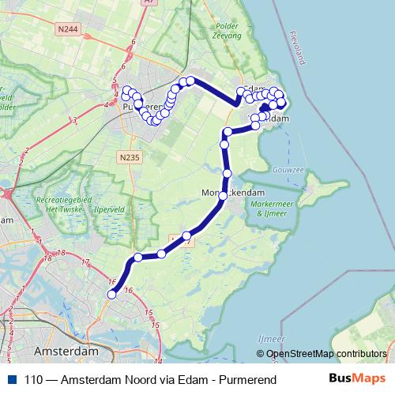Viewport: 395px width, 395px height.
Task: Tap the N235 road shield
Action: click(x=129, y=156)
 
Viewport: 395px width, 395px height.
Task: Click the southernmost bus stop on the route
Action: click(x=112, y=295)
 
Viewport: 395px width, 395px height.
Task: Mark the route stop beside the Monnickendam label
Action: click(x=222, y=195)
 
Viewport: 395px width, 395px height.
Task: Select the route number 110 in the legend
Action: click(x=34, y=380)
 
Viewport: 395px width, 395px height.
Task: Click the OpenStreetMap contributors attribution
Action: click(x=327, y=353)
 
